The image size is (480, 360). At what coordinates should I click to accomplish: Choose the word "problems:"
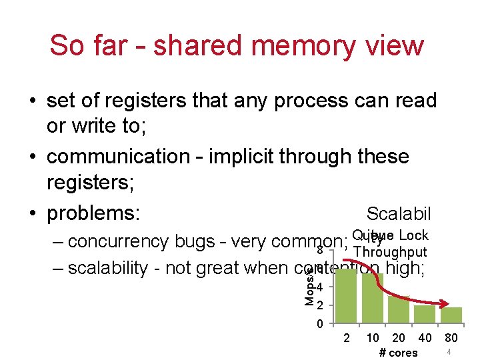pos(93,213)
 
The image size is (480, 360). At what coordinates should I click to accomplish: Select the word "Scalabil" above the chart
pos(399,214)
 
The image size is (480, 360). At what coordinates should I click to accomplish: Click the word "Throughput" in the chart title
pos(391,252)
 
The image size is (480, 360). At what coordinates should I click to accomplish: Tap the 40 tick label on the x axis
pos(425,339)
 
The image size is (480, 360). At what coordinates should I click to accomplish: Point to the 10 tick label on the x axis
pos(373,339)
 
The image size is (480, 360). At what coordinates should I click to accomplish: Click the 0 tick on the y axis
pos(320,325)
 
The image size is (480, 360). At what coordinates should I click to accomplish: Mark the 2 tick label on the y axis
pos(320,306)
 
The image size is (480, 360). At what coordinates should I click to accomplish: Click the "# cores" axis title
pos(398,353)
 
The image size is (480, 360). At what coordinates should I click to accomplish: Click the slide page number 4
pos(449,351)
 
